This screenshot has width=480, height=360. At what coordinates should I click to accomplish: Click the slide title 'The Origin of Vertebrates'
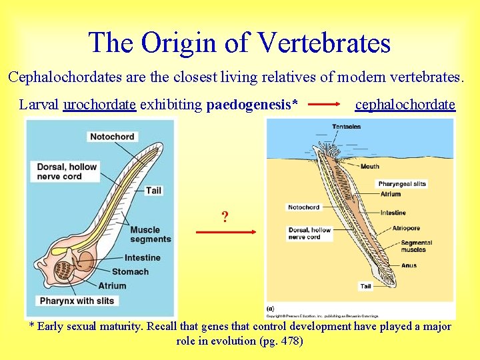click(x=239, y=43)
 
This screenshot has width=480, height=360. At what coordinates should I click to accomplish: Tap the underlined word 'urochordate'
click(x=99, y=105)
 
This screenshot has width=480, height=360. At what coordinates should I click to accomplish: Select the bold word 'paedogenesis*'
click(x=252, y=105)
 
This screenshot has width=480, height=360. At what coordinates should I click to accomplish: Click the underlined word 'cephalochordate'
click(x=405, y=105)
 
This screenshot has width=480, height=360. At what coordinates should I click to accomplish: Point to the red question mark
click(x=225, y=217)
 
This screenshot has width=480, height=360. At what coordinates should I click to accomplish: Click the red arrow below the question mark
click(x=226, y=232)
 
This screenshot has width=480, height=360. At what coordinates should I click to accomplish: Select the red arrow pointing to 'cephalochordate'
click(x=327, y=105)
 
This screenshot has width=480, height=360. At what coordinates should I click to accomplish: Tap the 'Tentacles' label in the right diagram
click(x=346, y=127)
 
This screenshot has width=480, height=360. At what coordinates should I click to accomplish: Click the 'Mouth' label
click(x=370, y=167)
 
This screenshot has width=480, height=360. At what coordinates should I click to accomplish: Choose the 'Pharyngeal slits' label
click(x=402, y=184)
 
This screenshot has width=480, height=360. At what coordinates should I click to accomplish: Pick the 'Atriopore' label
click(x=406, y=229)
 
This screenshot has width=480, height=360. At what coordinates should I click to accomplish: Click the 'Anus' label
click(x=409, y=265)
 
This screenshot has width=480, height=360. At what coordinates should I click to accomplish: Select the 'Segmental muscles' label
click(x=417, y=246)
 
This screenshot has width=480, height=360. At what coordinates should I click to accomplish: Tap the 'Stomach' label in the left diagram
click(x=130, y=271)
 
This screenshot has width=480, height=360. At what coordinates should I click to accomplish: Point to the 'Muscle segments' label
click(x=150, y=235)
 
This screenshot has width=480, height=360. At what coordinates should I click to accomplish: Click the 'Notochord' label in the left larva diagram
click(x=111, y=137)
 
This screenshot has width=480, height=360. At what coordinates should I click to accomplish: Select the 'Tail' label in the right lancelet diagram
click(x=365, y=286)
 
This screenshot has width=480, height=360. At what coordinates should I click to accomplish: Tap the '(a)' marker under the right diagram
click(x=271, y=309)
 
